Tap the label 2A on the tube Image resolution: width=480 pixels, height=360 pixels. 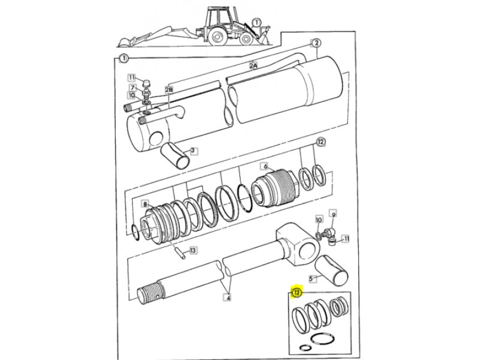(x=253, y=65)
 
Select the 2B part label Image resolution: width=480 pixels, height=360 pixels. (x=169, y=89)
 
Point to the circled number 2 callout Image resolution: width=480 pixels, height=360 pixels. (x=316, y=43)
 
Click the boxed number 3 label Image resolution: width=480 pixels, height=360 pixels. (x=193, y=151)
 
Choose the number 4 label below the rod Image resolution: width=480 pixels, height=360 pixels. (x=228, y=297)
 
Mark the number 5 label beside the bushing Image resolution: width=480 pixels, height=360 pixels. (x=311, y=278)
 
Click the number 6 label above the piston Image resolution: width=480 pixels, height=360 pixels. (x=265, y=167)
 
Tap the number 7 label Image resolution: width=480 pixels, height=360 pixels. (x=133, y=88)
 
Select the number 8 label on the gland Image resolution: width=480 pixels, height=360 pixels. (x=145, y=204)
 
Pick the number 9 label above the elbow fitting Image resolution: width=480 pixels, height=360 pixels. (x=334, y=214)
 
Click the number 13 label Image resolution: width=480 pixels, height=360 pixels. (x=193, y=251)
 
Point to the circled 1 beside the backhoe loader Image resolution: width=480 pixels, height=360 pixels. (x=257, y=22)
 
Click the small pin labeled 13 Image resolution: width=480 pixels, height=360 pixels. (x=181, y=254)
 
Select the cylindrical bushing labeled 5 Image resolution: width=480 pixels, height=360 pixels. (x=332, y=271)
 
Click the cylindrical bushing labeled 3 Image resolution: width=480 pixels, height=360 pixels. (x=175, y=155)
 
